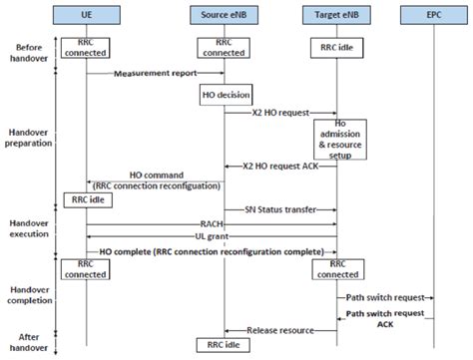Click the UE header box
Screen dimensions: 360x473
point(86,15)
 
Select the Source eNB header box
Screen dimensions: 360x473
point(223,15)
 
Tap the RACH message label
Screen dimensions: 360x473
point(210,225)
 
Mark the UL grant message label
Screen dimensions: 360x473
point(210,237)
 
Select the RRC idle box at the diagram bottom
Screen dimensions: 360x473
point(224,345)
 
